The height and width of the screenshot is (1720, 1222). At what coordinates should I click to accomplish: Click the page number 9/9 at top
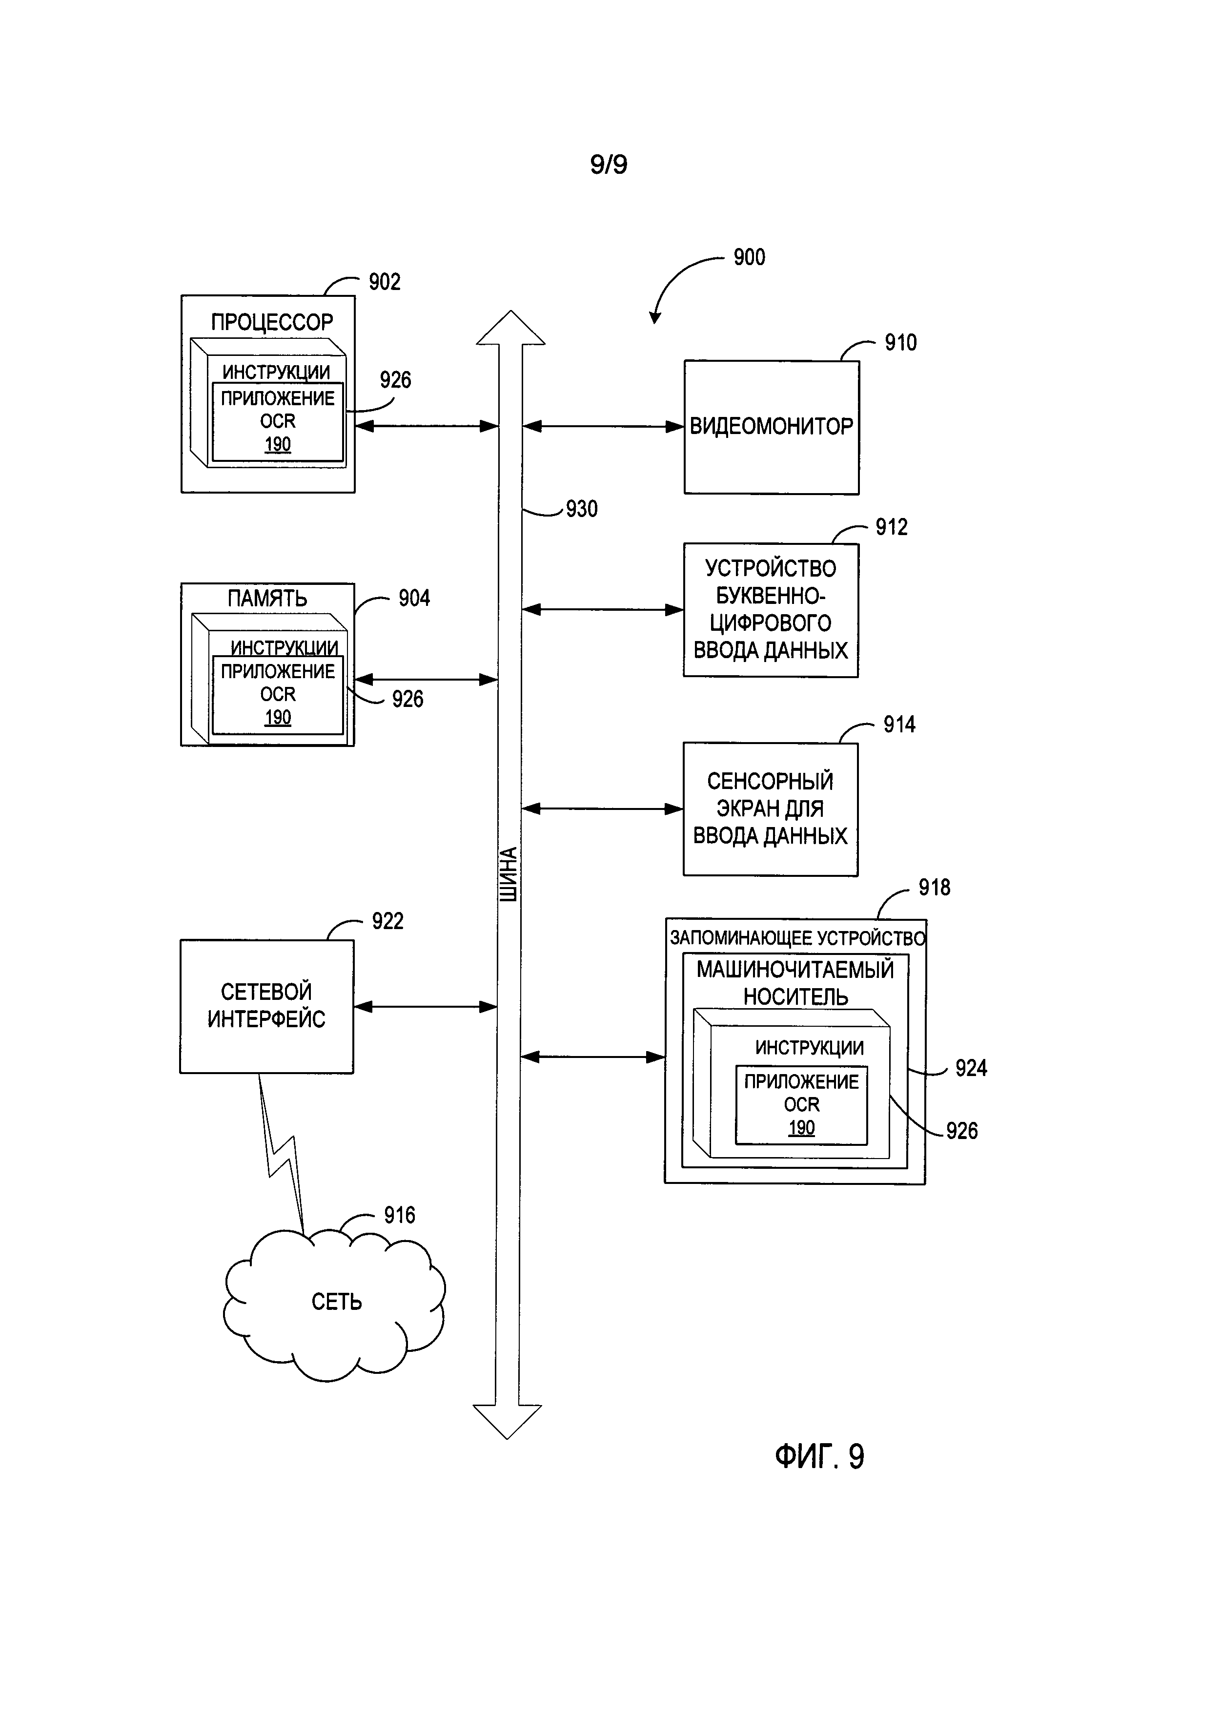click(608, 164)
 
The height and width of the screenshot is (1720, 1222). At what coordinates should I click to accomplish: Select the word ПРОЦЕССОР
click(272, 322)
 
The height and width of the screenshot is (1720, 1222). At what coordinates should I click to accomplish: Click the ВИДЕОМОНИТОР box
click(771, 427)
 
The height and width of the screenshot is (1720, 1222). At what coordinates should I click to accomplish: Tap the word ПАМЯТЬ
click(267, 599)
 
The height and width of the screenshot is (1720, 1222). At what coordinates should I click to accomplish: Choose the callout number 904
click(414, 599)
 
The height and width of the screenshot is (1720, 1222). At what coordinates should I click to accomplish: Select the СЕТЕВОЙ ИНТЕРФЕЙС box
click(266, 1006)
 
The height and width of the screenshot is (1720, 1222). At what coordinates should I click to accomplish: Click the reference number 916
click(399, 1215)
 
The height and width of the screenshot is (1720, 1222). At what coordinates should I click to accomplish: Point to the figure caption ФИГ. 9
click(819, 1456)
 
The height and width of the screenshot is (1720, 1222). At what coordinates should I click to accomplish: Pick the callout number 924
click(971, 1068)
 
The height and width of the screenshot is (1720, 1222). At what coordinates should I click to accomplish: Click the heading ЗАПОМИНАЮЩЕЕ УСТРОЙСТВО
click(797, 938)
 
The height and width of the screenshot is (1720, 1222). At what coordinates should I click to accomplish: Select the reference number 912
click(891, 527)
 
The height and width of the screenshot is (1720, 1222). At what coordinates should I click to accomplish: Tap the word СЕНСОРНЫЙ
click(770, 781)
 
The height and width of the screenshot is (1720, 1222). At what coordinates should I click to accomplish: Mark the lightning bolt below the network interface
click(282, 1152)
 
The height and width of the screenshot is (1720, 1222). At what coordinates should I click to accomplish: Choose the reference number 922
click(387, 921)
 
